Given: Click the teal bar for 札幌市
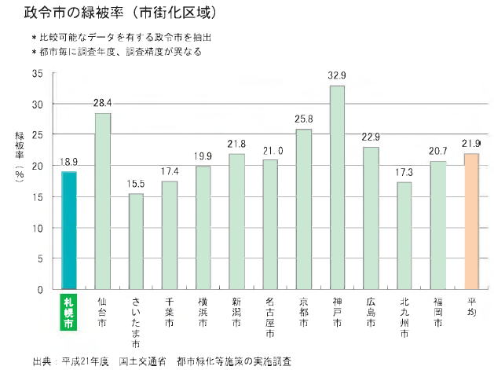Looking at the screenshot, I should [x=69, y=230].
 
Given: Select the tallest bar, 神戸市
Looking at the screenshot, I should [x=337, y=187].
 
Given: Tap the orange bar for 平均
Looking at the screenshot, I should [x=471, y=221].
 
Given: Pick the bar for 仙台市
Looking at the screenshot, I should [x=103, y=201].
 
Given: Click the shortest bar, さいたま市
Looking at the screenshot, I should [x=136, y=241].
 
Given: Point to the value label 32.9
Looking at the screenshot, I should [x=337, y=76].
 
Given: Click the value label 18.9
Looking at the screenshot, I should [x=69, y=163].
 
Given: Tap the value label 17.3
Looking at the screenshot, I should [x=404, y=172].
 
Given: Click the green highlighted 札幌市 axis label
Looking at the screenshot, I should [x=68, y=311].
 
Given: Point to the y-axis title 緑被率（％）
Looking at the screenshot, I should [x=20, y=161].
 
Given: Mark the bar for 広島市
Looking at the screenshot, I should [x=371, y=218].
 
